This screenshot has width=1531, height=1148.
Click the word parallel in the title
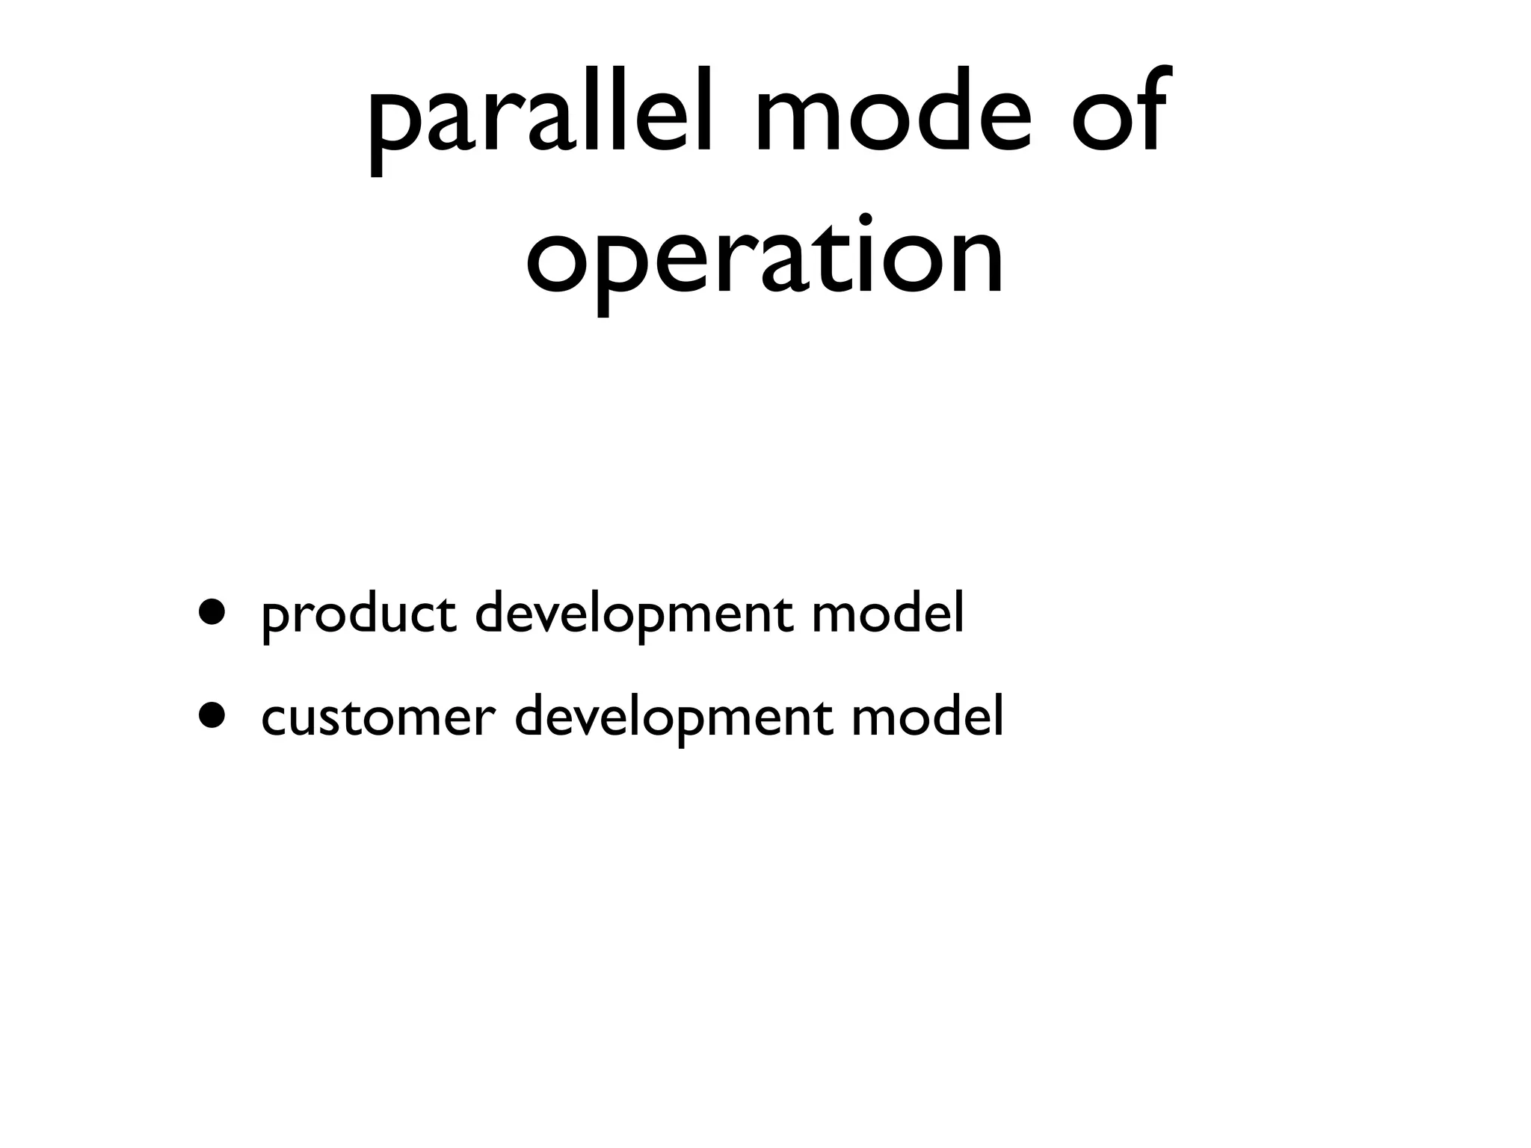pos(546,120)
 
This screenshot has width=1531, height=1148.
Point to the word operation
pos(765,258)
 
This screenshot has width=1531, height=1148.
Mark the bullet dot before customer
pos(212,715)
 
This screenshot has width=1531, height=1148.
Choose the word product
pos(359,614)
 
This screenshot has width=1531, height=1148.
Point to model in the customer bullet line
pos(927,715)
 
